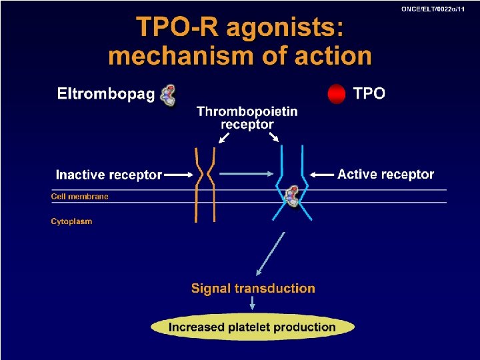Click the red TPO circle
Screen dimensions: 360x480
(337, 94)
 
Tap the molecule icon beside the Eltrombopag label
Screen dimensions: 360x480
(169, 95)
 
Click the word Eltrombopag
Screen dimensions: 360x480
(106, 94)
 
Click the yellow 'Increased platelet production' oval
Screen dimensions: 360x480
(252, 327)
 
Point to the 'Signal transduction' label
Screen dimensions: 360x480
(253, 289)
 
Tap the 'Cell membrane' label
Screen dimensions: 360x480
(79, 197)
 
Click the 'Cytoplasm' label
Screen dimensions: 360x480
(71, 221)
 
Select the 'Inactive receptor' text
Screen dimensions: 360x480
(109, 175)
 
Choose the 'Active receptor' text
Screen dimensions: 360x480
(385, 175)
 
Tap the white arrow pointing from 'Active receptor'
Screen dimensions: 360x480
(323, 175)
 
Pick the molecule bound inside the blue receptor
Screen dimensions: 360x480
(292, 196)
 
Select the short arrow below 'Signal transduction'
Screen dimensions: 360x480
(253, 304)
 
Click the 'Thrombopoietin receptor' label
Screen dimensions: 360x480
(247, 118)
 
